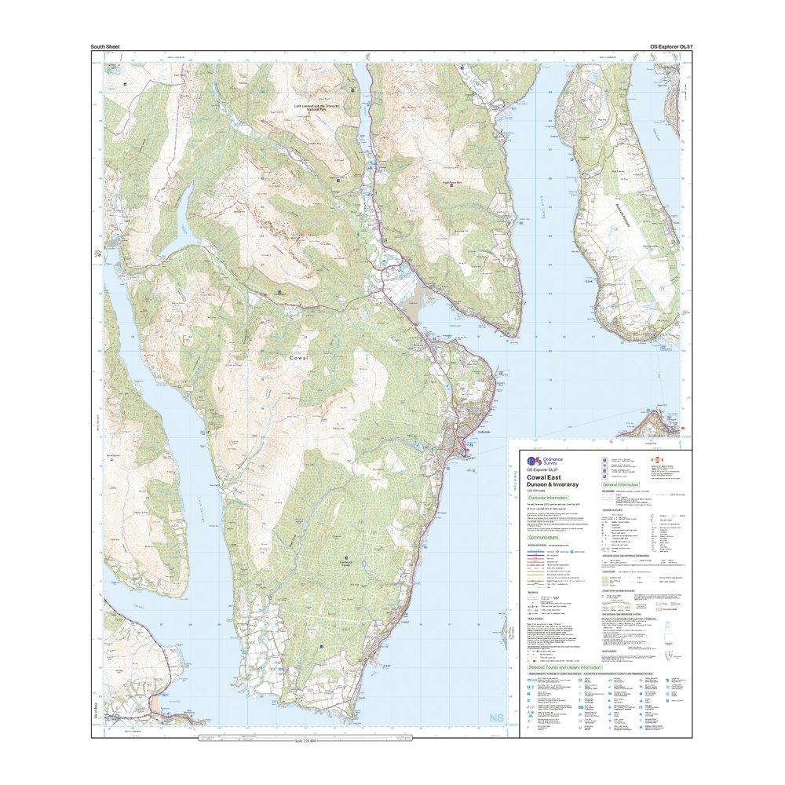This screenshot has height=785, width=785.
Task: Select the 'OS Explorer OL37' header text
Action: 669,48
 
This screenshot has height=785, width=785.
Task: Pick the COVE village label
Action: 582,276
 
